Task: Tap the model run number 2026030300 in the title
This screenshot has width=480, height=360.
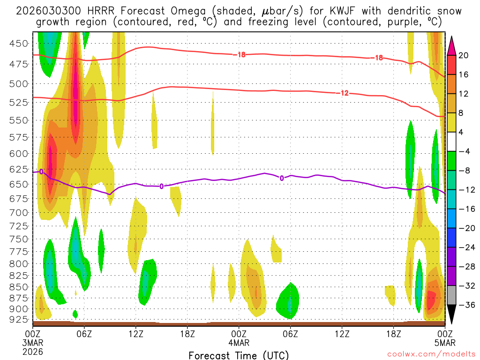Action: (48, 11)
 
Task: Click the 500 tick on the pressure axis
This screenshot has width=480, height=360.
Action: (19, 84)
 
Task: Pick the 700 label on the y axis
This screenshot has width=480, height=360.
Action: (19, 213)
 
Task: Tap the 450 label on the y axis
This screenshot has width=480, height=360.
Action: (19, 44)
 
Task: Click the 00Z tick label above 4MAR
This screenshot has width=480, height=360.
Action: (239, 333)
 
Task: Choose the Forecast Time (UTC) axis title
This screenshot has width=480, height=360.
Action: (239, 355)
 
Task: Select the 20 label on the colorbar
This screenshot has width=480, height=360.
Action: (464, 55)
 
